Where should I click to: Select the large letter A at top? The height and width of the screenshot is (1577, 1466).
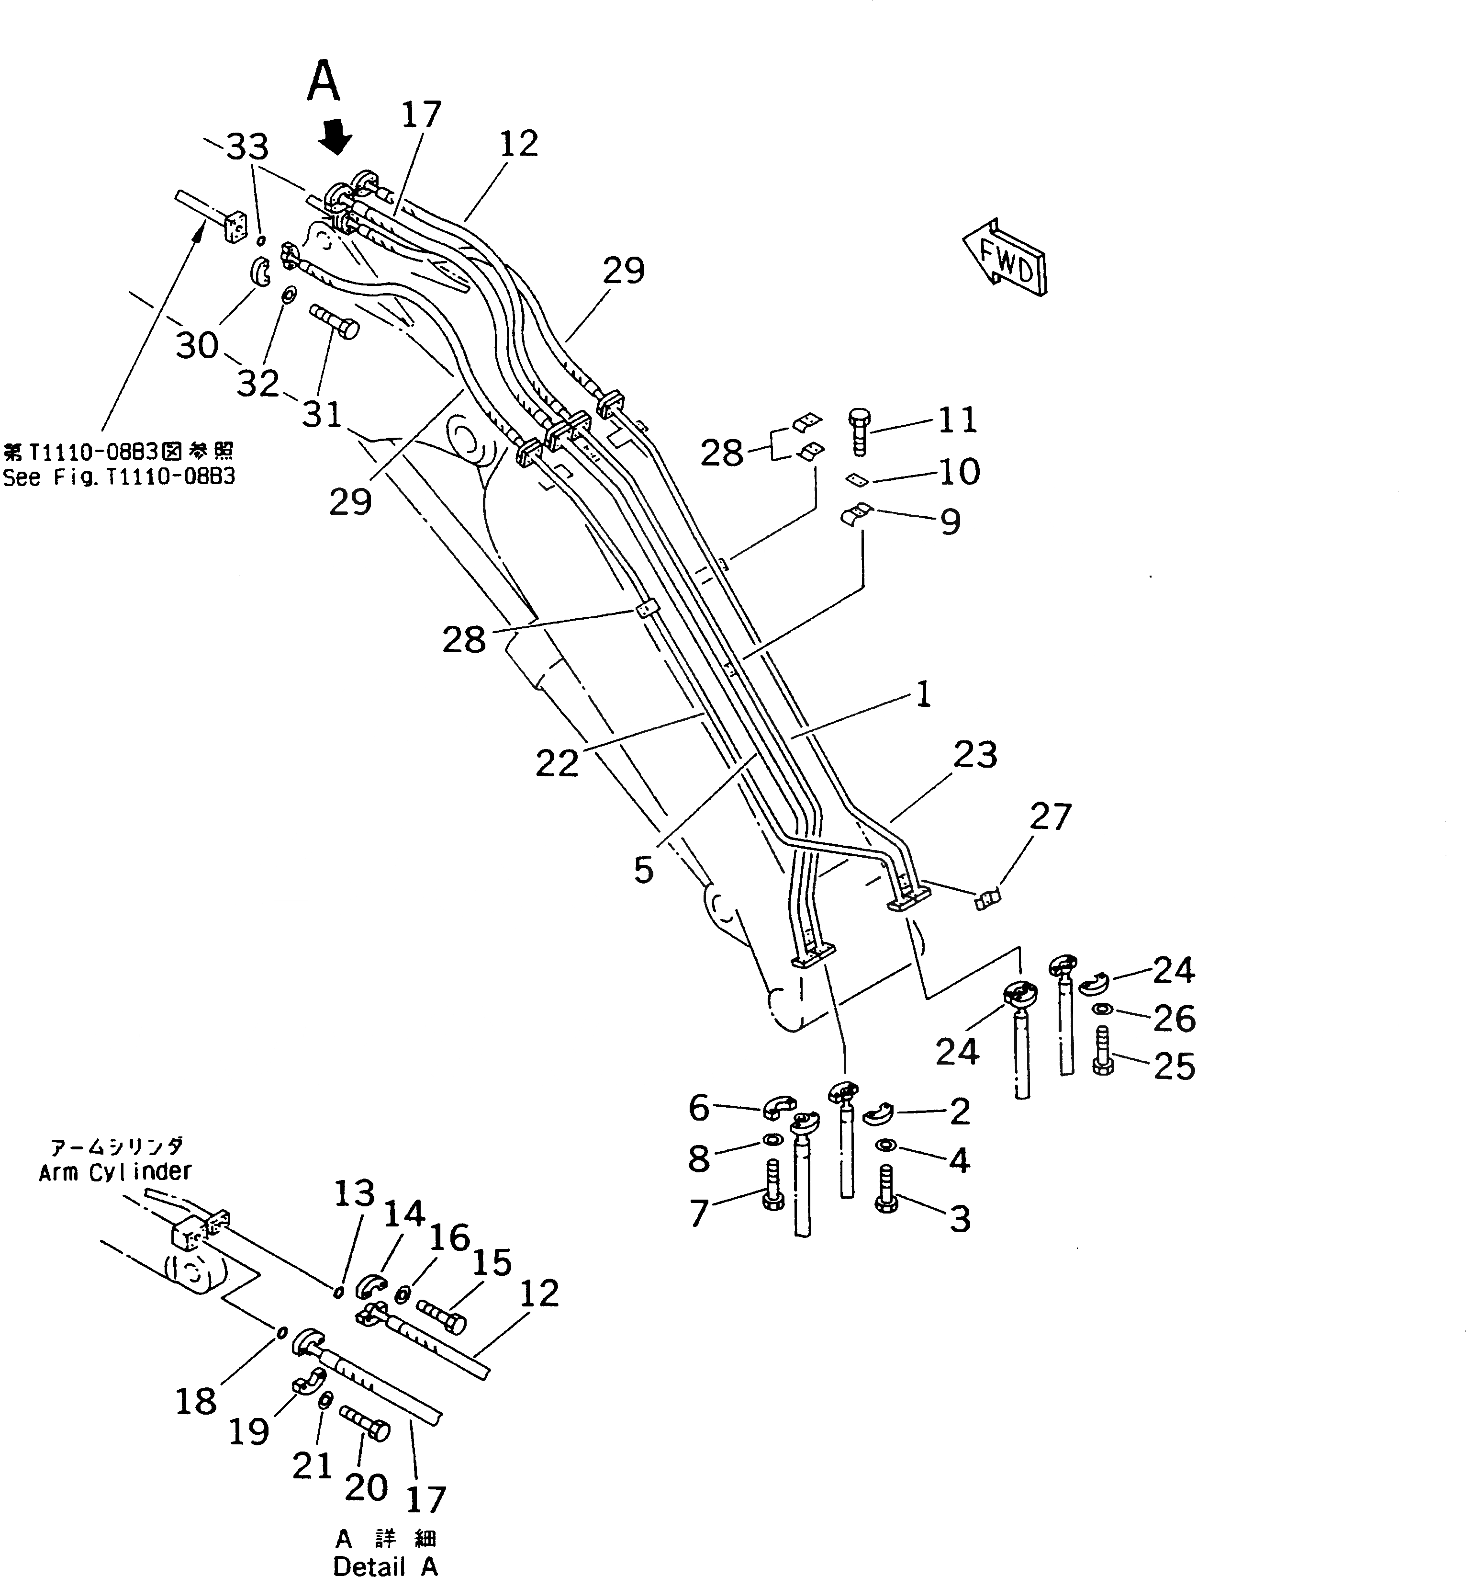pos(324,82)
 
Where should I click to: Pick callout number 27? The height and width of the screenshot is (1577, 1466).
pos(1051,817)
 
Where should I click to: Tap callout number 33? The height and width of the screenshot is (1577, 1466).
pos(247,147)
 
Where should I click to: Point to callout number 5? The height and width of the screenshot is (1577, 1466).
pos(643,870)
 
